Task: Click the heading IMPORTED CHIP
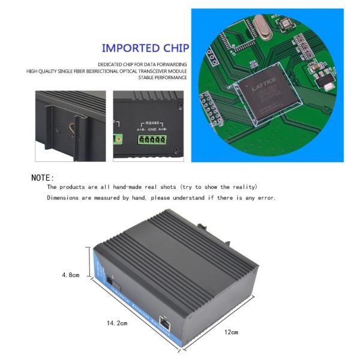tap(145, 48)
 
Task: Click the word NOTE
tap(42, 178)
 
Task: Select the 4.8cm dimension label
tap(71, 275)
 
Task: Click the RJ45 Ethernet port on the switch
tap(165, 322)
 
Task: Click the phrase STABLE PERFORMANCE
tap(163, 77)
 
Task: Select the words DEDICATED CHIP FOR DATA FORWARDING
tap(143, 64)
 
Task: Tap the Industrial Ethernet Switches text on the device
tap(137, 306)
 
